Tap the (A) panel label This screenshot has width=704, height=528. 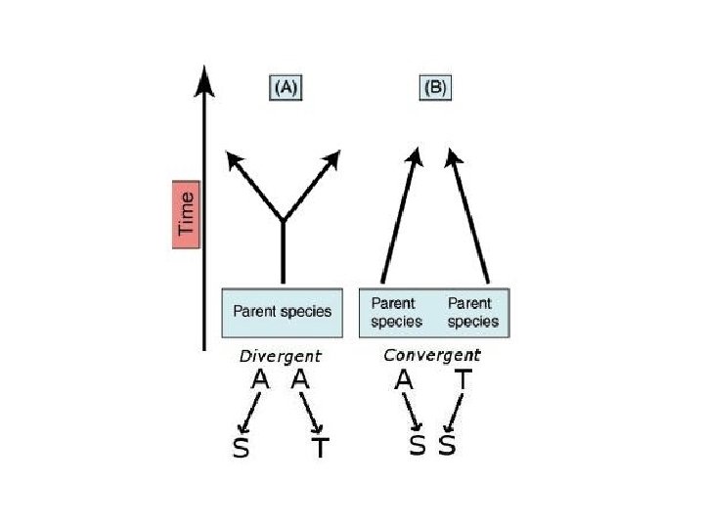click(x=285, y=86)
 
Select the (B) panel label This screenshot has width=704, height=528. click(x=435, y=86)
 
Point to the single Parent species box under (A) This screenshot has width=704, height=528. click(x=283, y=312)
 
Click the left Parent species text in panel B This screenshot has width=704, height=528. click(x=396, y=312)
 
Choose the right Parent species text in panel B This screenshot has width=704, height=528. click(x=472, y=312)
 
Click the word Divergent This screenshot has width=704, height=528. click(x=280, y=356)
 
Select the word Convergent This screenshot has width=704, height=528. click(x=431, y=355)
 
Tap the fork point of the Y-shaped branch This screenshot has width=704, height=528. click(x=283, y=219)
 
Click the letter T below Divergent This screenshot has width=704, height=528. click(x=320, y=449)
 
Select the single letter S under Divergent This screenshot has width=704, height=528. click(x=241, y=449)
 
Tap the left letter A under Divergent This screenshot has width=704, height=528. click(x=260, y=380)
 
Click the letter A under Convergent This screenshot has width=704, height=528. click(x=404, y=380)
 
